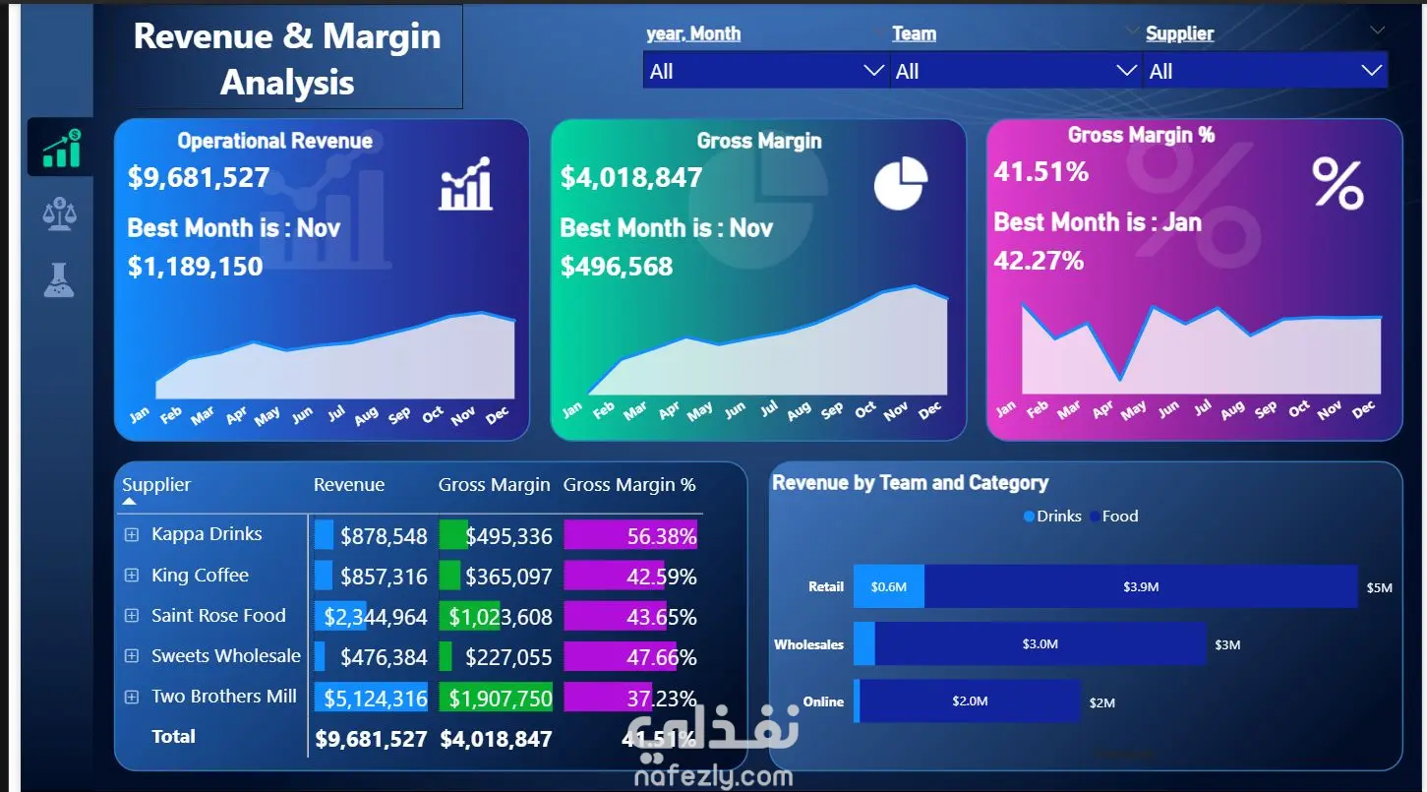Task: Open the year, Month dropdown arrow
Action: tap(872, 71)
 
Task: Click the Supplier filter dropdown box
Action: tap(1264, 71)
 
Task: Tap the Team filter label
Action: tap(914, 33)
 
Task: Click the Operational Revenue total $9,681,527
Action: tap(199, 178)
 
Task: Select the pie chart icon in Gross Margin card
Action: tap(900, 184)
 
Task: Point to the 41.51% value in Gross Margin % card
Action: tap(1041, 172)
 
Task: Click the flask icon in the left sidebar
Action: tap(59, 280)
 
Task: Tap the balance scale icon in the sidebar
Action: tap(59, 213)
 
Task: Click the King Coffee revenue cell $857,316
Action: tap(384, 577)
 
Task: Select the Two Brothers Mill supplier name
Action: tap(224, 697)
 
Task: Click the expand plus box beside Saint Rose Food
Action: tap(132, 616)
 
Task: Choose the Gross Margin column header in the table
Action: tap(494, 485)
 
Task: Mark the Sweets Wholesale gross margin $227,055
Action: tap(508, 657)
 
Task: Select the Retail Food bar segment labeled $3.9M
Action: tap(1141, 586)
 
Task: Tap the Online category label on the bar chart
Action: tap(823, 702)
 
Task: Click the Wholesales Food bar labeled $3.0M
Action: tap(1040, 644)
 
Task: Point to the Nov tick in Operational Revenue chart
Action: tap(463, 416)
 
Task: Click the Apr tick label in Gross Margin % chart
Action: tap(1102, 410)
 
